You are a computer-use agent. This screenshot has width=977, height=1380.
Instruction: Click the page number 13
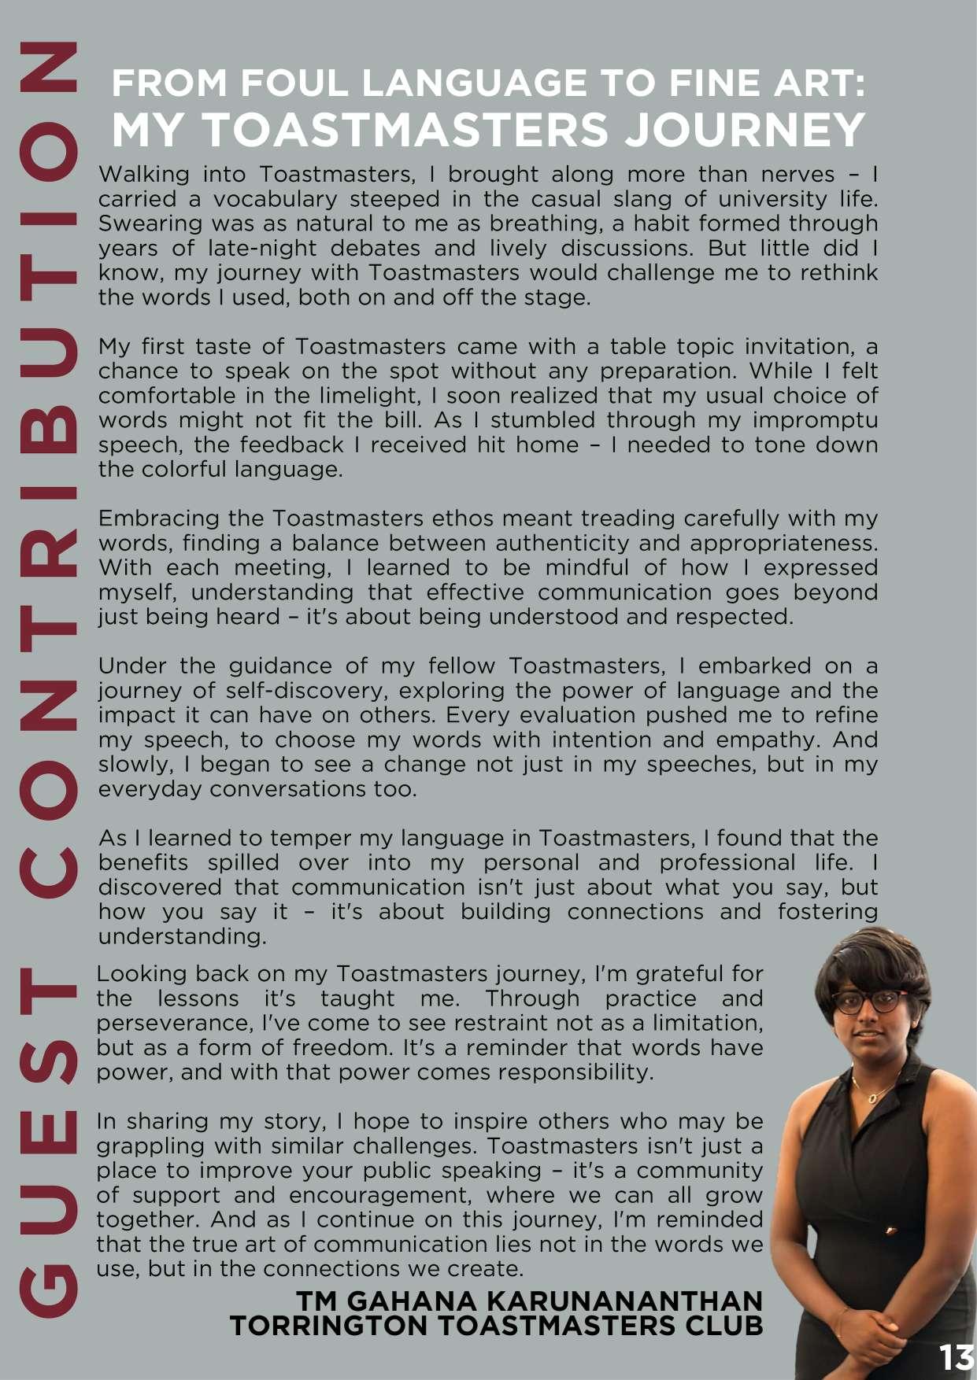point(956,1358)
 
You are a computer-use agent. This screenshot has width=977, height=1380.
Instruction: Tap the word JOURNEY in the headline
point(745,129)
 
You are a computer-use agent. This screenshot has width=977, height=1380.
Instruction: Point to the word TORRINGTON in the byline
point(329,1326)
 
